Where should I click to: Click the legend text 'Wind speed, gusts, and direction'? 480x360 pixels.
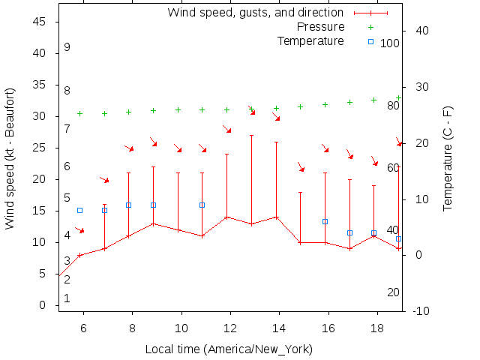click(255, 12)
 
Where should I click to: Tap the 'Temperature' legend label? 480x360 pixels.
click(310, 40)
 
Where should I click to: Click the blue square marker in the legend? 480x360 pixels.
click(370, 41)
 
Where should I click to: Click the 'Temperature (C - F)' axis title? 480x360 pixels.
click(448, 157)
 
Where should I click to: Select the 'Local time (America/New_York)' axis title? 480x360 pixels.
click(229, 349)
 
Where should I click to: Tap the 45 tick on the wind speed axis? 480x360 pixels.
click(40, 22)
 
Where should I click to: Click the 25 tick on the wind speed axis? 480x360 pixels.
click(40, 148)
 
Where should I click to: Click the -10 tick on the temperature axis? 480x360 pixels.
click(421, 311)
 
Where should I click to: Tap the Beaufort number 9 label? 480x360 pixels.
click(67, 47)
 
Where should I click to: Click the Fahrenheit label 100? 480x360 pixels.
click(390, 43)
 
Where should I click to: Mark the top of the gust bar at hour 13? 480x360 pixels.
click(251, 136)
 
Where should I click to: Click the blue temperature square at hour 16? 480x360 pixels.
click(325, 221)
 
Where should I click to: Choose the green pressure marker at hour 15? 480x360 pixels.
click(300, 106)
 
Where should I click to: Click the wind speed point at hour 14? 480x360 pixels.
click(276, 217)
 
